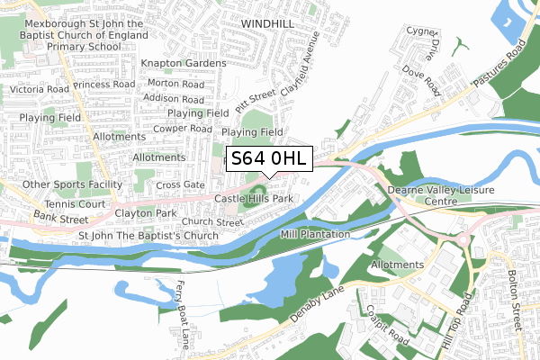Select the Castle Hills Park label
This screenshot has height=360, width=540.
pyautogui.click(x=254, y=198)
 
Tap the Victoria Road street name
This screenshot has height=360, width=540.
pyautogui.click(x=39, y=90)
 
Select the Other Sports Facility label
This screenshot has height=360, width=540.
pyautogui.click(x=72, y=184)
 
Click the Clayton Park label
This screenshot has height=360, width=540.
pyautogui.click(x=146, y=214)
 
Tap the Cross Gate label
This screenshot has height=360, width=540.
pyautogui.click(x=181, y=184)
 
